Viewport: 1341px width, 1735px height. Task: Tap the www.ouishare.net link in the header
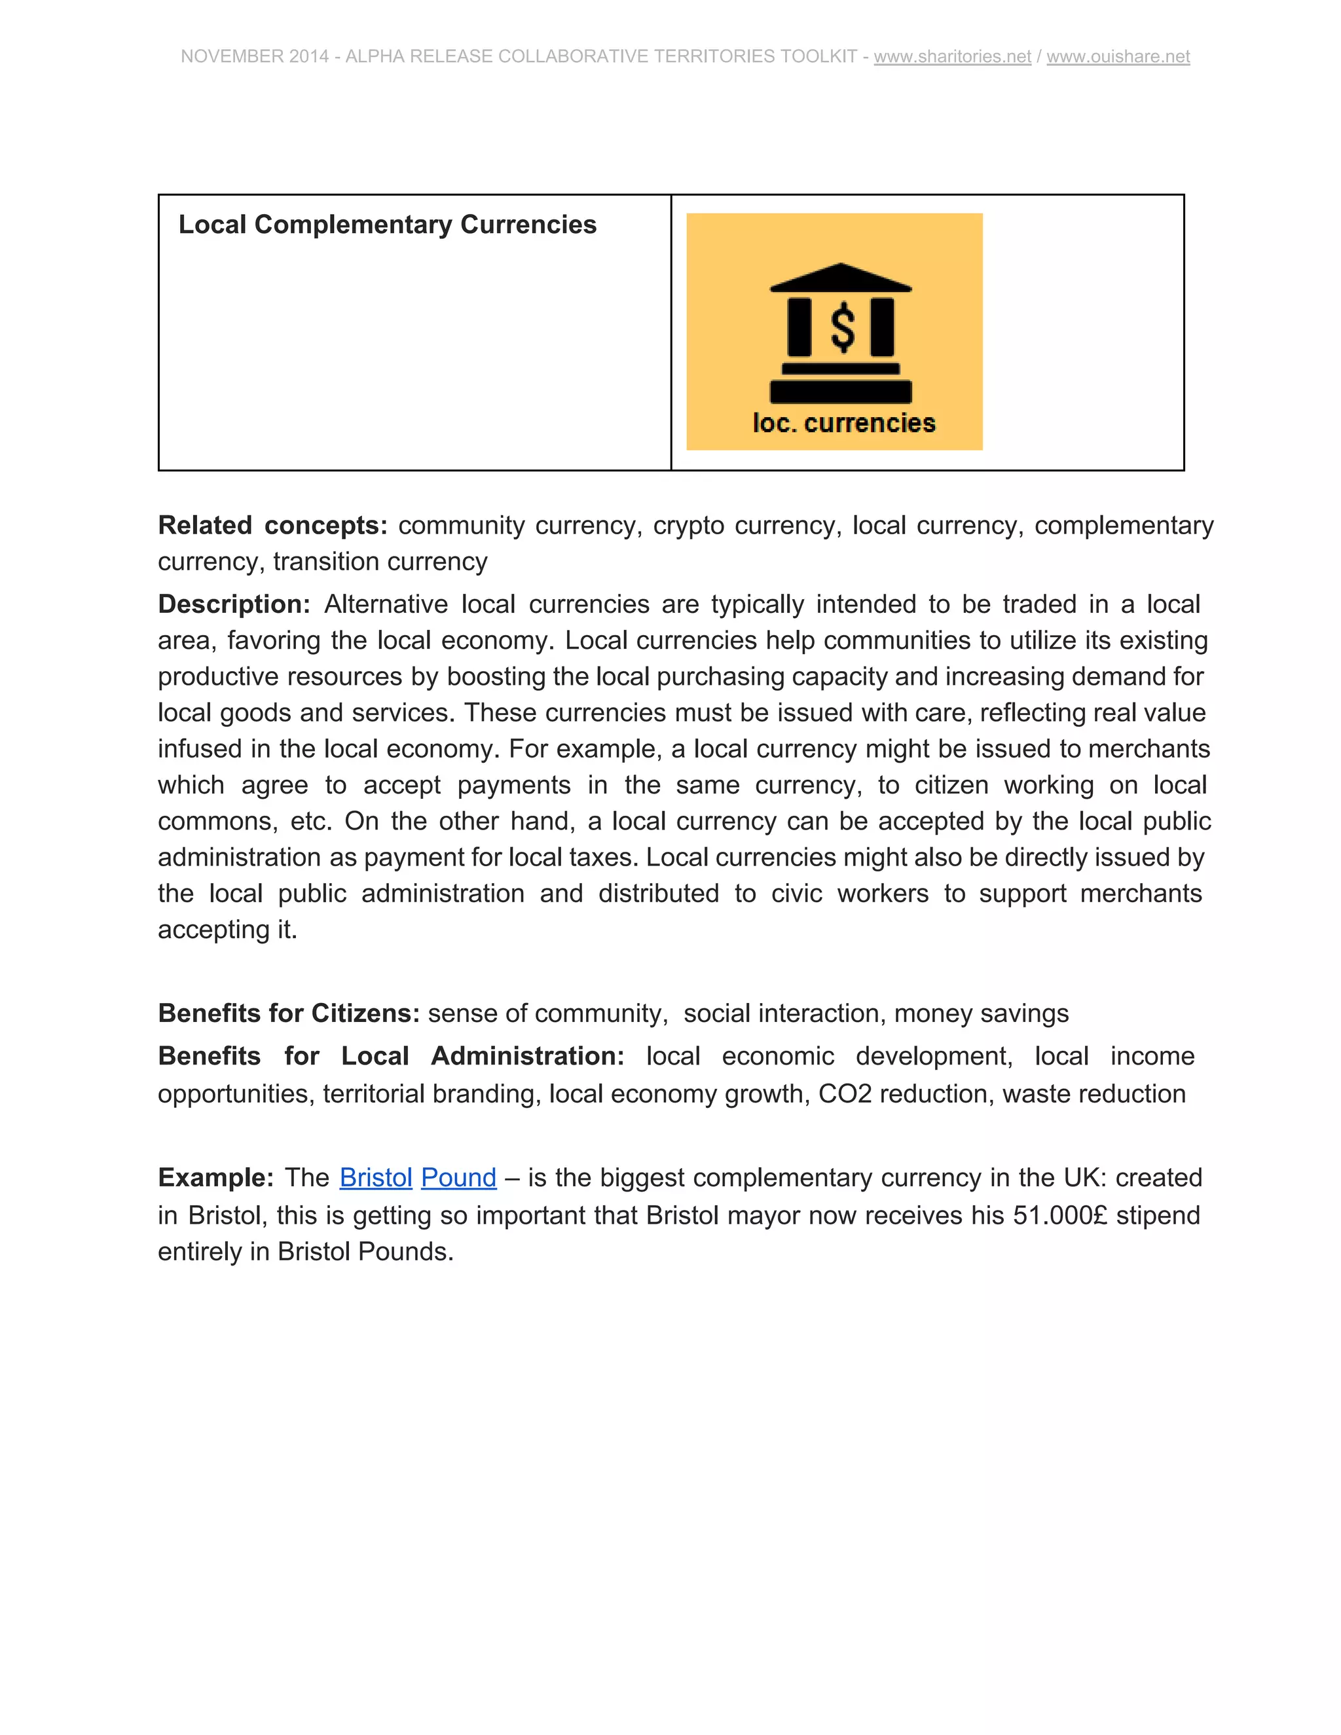tap(1118, 56)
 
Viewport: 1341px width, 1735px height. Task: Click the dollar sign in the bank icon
tap(842, 328)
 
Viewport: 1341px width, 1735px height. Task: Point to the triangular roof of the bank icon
tap(841, 277)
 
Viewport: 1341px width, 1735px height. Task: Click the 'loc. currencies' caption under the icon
tap(843, 423)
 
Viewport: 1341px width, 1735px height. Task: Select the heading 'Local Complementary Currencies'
tap(387, 225)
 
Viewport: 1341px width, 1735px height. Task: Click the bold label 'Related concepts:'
tap(272, 525)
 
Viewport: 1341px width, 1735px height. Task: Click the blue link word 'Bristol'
tap(376, 1177)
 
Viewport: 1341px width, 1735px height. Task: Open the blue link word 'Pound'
tap(458, 1177)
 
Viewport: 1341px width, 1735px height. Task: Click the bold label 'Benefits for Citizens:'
tap(288, 1013)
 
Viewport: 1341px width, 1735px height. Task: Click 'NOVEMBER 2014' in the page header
tap(254, 56)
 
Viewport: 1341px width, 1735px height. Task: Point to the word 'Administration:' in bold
tap(528, 1056)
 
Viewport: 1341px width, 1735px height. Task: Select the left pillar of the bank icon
tap(799, 327)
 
